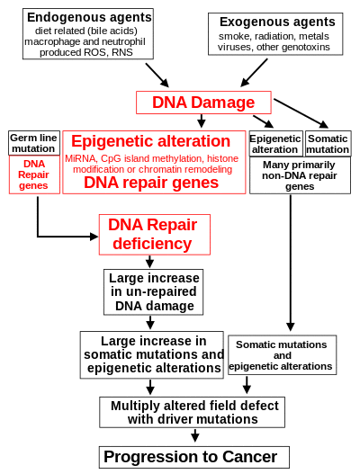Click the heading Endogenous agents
click(89, 17)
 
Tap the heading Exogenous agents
click(277, 22)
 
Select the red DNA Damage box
click(203, 103)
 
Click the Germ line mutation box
click(34, 143)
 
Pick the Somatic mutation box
click(328, 144)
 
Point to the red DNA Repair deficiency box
click(155, 235)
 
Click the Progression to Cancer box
click(194, 457)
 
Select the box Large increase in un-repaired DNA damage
click(153, 292)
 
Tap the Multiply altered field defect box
click(193, 412)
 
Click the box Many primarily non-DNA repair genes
click(300, 175)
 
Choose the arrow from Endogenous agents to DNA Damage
click(157, 76)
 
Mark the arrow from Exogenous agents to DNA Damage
click(254, 73)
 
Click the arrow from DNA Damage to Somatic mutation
click(301, 113)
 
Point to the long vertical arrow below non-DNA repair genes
click(291, 263)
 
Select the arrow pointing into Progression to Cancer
click(195, 435)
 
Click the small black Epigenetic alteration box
click(275, 144)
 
